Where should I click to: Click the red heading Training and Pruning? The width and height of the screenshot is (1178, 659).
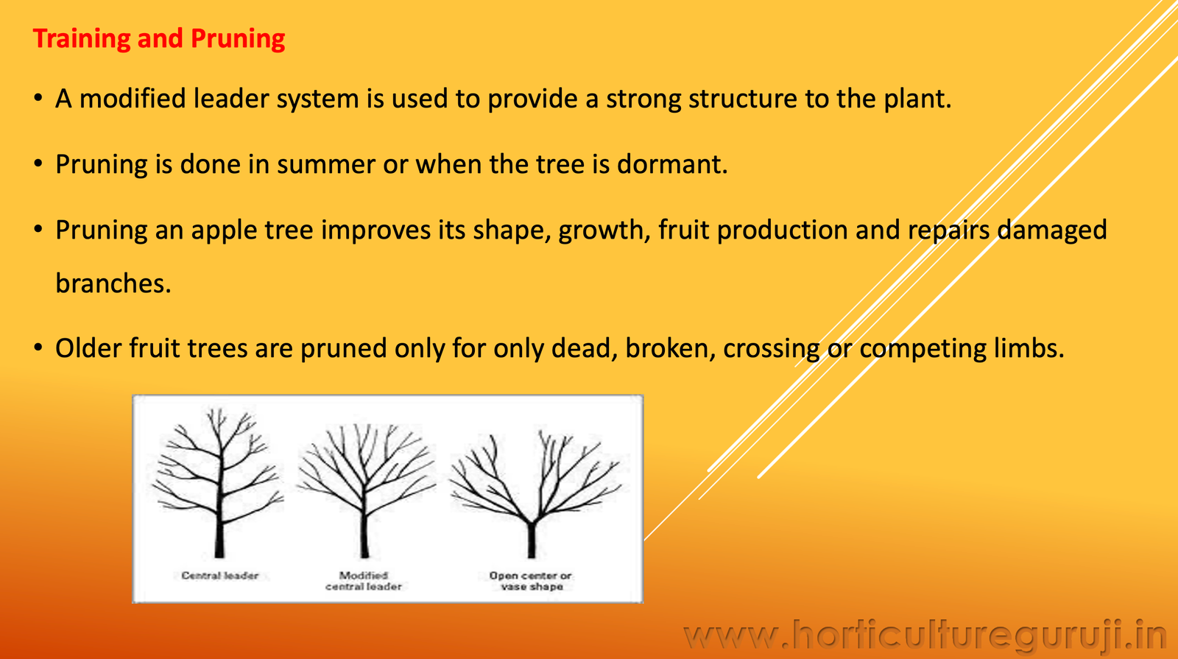click(159, 39)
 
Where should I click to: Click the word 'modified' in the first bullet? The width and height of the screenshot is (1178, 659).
click(133, 99)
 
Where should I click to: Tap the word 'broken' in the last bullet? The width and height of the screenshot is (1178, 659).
click(666, 348)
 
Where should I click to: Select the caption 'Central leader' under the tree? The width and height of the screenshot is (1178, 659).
click(220, 575)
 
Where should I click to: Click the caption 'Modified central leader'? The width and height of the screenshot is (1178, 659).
click(364, 581)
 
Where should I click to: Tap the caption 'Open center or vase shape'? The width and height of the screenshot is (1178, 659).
click(531, 581)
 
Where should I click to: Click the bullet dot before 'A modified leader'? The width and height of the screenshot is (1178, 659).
click(38, 98)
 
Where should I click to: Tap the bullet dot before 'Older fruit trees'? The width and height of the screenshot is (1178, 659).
click(38, 348)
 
